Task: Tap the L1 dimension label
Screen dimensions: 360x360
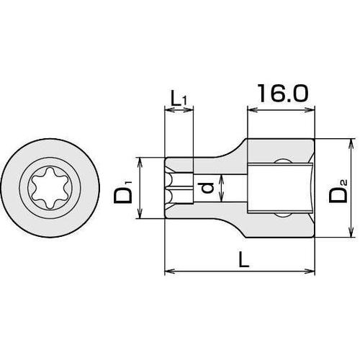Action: point(179,96)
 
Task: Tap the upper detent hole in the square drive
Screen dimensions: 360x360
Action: point(286,163)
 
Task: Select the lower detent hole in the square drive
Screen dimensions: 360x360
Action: point(286,214)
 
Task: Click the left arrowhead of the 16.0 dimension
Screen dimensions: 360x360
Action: point(251,110)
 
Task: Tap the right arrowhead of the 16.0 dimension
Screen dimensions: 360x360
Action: point(313,110)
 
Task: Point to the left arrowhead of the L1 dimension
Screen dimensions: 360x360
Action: point(168,110)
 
